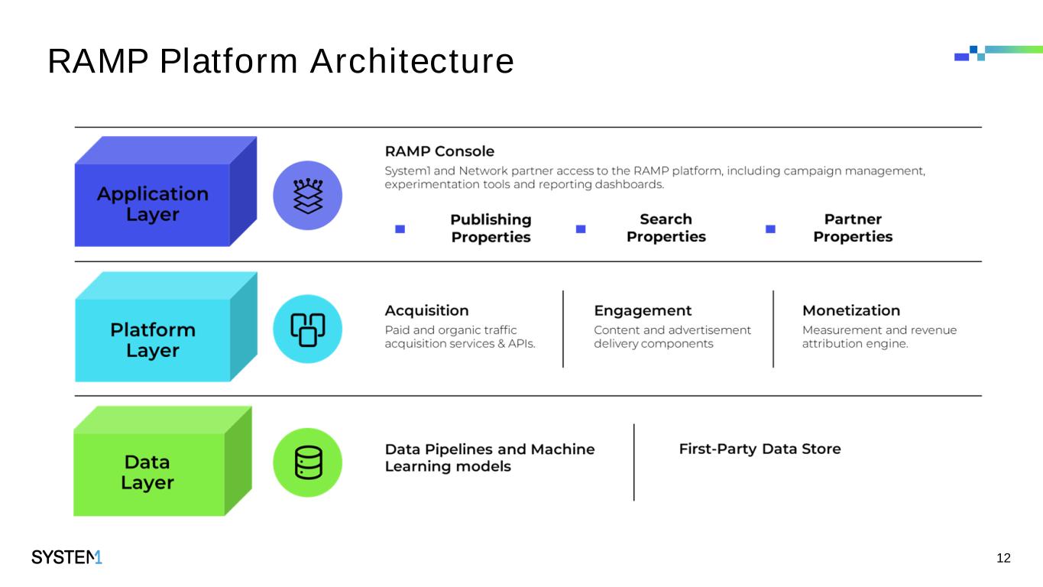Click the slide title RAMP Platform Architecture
click(x=280, y=62)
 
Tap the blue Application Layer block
click(x=153, y=203)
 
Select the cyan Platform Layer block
click(x=153, y=339)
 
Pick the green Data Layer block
click(x=148, y=472)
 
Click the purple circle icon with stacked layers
click(x=307, y=196)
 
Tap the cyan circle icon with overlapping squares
click(x=307, y=329)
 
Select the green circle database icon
click(x=307, y=462)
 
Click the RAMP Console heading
click(x=439, y=151)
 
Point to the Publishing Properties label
click(x=491, y=228)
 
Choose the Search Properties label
click(x=666, y=228)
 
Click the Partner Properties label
click(x=853, y=228)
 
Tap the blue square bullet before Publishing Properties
click(x=400, y=229)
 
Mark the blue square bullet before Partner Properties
click(x=770, y=229)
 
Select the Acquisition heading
click(x=426, y=310)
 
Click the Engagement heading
click(x=643, y=310)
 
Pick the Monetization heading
click(x=851, y=310)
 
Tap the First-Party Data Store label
click(x=760, y=449)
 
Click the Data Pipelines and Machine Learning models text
click(x=489, y=457)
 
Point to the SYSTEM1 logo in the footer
click(x=66, y=558)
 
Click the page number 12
click(x=1004, y=558)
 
